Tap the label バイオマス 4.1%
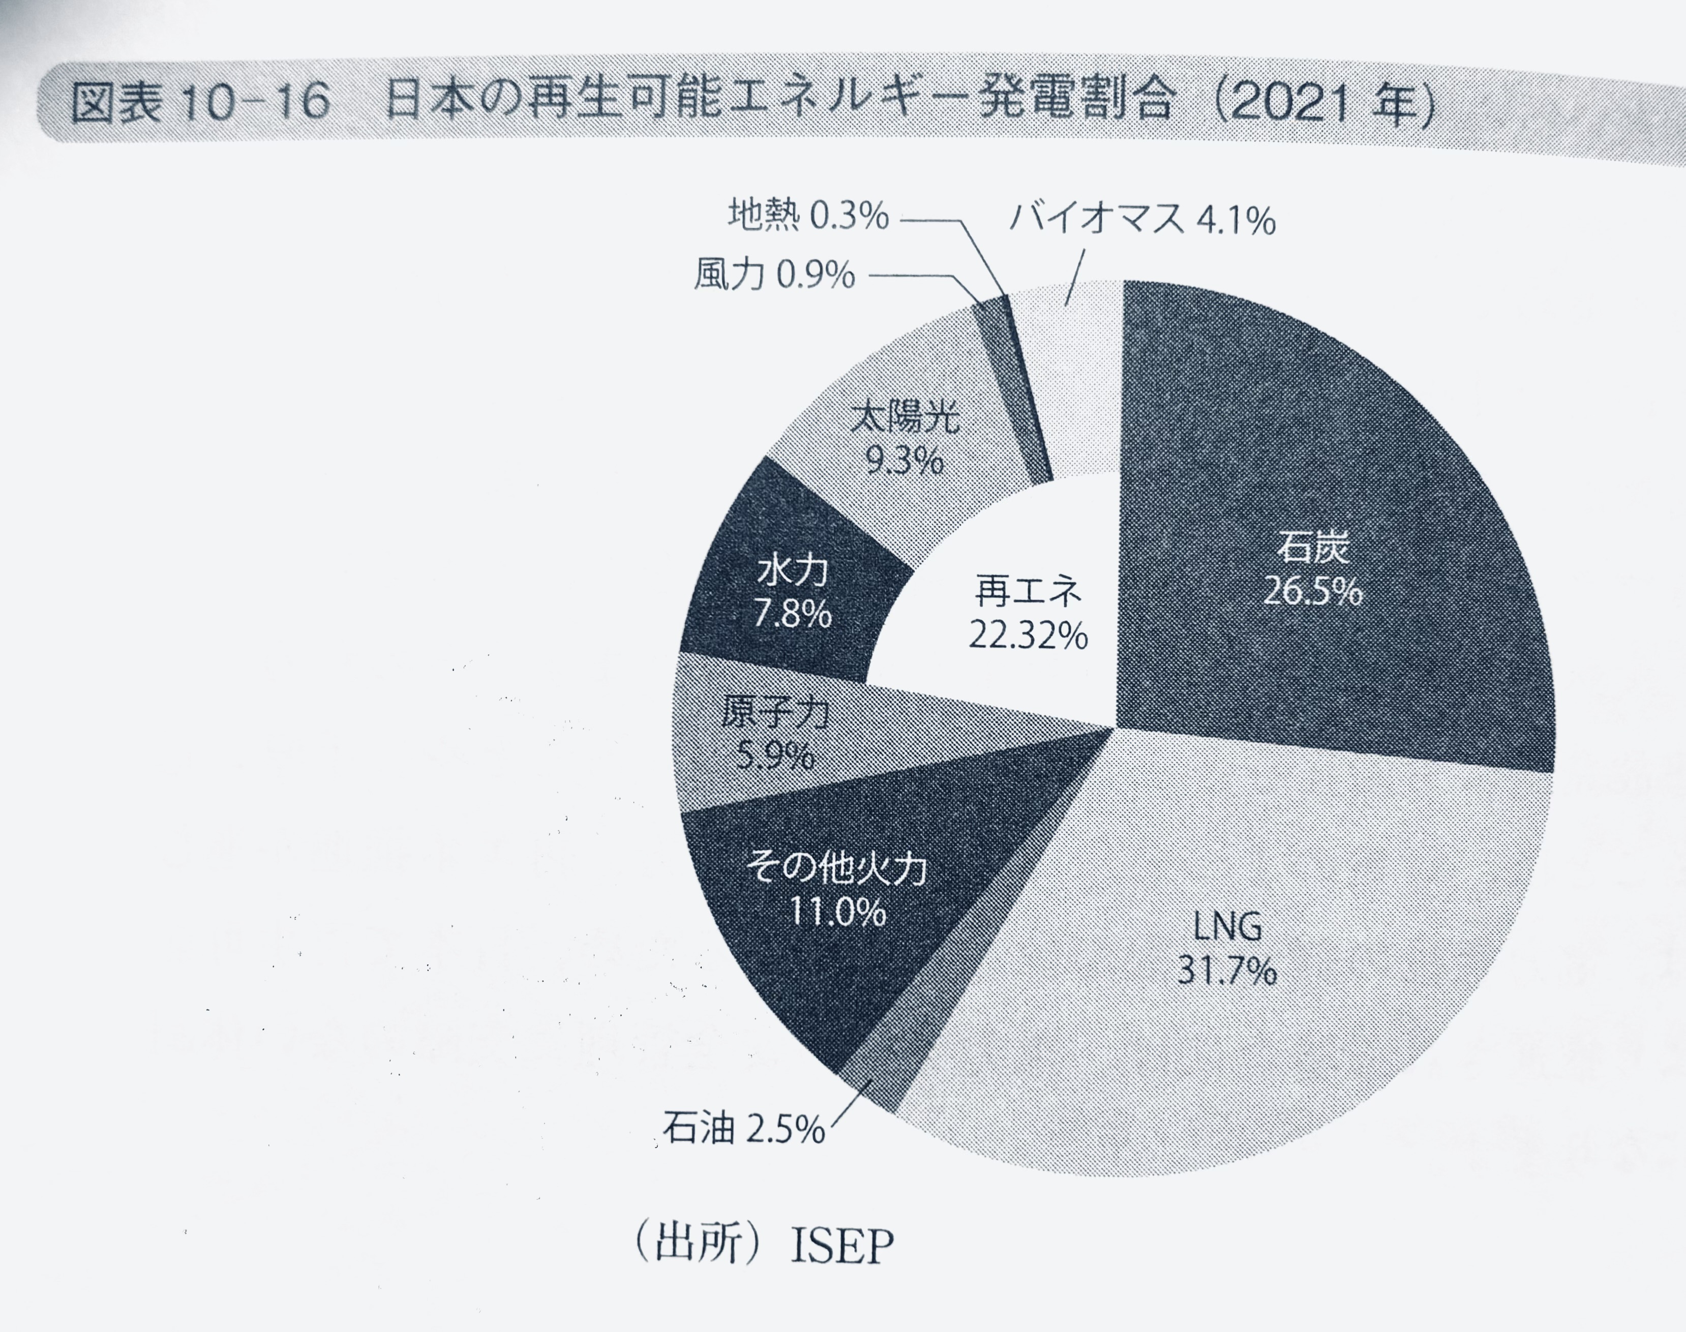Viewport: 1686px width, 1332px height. click(1142, 221)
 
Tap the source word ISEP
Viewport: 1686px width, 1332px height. click(841, 1246)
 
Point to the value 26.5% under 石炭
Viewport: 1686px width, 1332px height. click(1312, 593)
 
